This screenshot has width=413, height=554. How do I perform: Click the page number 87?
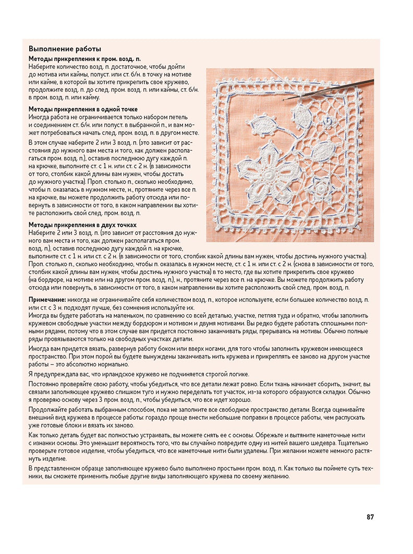[x=370, y=517]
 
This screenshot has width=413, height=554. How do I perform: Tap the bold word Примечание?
[x=46, y=301]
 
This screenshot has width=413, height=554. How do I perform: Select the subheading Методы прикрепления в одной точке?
[x=83, y=109]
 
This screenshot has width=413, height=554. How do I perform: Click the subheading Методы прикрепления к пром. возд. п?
[x=84, y=59]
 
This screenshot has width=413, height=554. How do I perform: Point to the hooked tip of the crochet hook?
[x=285, y=99]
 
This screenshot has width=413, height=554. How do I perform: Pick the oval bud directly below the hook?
[x=301, y=115]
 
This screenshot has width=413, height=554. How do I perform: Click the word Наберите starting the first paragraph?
[x=42, y=67]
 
